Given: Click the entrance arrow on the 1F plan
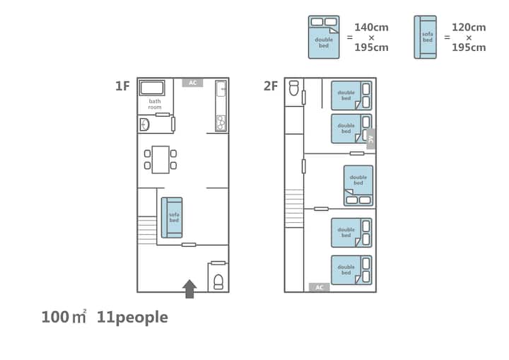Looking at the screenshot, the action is tap(189, 289).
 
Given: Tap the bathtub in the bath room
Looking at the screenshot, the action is tap(152, 88).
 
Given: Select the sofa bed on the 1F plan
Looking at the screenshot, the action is tap(172, 217).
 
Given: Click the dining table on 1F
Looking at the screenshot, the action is tap(160, 160).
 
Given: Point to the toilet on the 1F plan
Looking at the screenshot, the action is tap(218, 282).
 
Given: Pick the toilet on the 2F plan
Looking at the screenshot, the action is tap(294, 88).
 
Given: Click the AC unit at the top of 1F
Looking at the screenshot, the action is tap(192, 83).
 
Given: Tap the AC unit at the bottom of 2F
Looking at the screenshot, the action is tap(319, 287).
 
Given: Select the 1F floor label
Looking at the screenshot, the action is tap(122, 86).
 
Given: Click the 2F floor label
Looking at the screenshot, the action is tap(271, 86).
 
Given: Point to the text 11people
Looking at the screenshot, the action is tap(132, 318).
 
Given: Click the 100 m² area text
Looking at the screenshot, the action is tap(64, 317).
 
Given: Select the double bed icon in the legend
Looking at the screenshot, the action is tap(324, 37).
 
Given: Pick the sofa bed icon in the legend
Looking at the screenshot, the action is tap(426, 37).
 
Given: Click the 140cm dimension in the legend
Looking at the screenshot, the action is tap(371, 28).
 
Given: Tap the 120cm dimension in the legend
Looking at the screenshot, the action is tap(469, 28).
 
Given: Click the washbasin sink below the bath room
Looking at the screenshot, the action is tap(144, 124).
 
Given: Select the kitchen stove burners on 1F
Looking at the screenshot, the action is tap(221, 123).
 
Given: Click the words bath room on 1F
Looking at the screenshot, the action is tap(155, 104).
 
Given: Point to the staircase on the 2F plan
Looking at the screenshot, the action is tap(294, 208).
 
